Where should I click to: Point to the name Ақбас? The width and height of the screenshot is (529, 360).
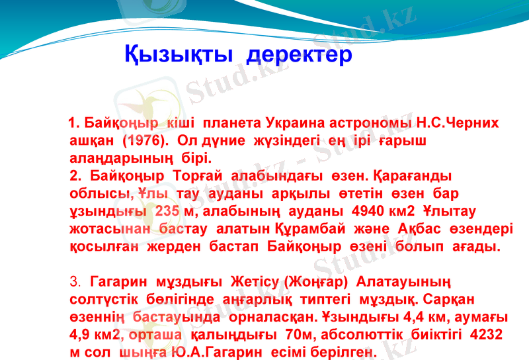coord(428,228)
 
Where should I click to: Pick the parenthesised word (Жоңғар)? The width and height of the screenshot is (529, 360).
coord(314,281)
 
